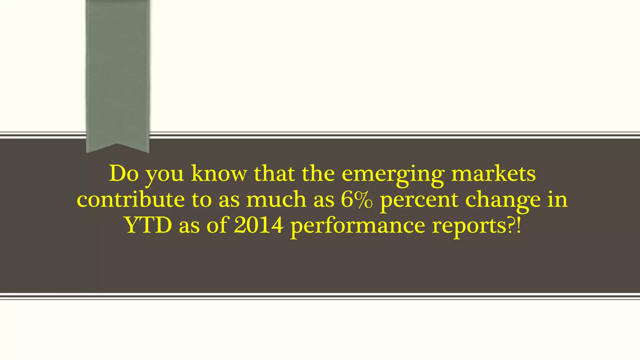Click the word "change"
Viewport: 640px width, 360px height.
[x=503, y=201]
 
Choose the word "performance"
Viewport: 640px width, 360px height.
[x=357, y=226]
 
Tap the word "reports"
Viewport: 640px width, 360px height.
[x=469, y=226]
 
